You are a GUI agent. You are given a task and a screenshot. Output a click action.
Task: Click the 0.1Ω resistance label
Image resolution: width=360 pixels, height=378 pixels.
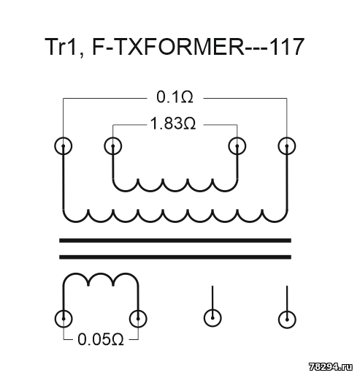(x=175, y=97)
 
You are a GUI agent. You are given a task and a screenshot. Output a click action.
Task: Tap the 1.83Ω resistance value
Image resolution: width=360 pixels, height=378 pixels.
(x=173, y=124)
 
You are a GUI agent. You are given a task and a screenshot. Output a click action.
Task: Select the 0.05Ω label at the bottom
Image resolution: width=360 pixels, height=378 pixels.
(x=101, y=339)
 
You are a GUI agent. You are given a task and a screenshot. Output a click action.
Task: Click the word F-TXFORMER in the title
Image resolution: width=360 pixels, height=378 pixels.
(x=168, y=47)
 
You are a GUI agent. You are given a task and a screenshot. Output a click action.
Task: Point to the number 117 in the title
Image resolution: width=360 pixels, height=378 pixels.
(x=287, y=47)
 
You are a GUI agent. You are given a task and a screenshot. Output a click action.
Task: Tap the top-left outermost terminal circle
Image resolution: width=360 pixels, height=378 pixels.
(x=64, y=146)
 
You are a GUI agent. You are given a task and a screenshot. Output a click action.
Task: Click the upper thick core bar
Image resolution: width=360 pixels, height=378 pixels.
(x=175, y=241)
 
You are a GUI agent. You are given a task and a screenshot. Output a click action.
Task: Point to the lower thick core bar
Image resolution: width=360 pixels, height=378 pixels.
(x=175, y=257)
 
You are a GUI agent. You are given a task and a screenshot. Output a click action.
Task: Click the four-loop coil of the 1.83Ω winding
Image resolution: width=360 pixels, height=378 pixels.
(x=175, y=192)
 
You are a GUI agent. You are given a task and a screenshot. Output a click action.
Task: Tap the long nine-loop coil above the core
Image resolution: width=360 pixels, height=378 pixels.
(x=175, y=222)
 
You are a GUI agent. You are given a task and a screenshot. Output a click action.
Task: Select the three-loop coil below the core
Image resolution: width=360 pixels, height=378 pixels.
(x=101, y=274)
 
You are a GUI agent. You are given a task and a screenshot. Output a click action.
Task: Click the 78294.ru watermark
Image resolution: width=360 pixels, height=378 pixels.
(x=331, y=367)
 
